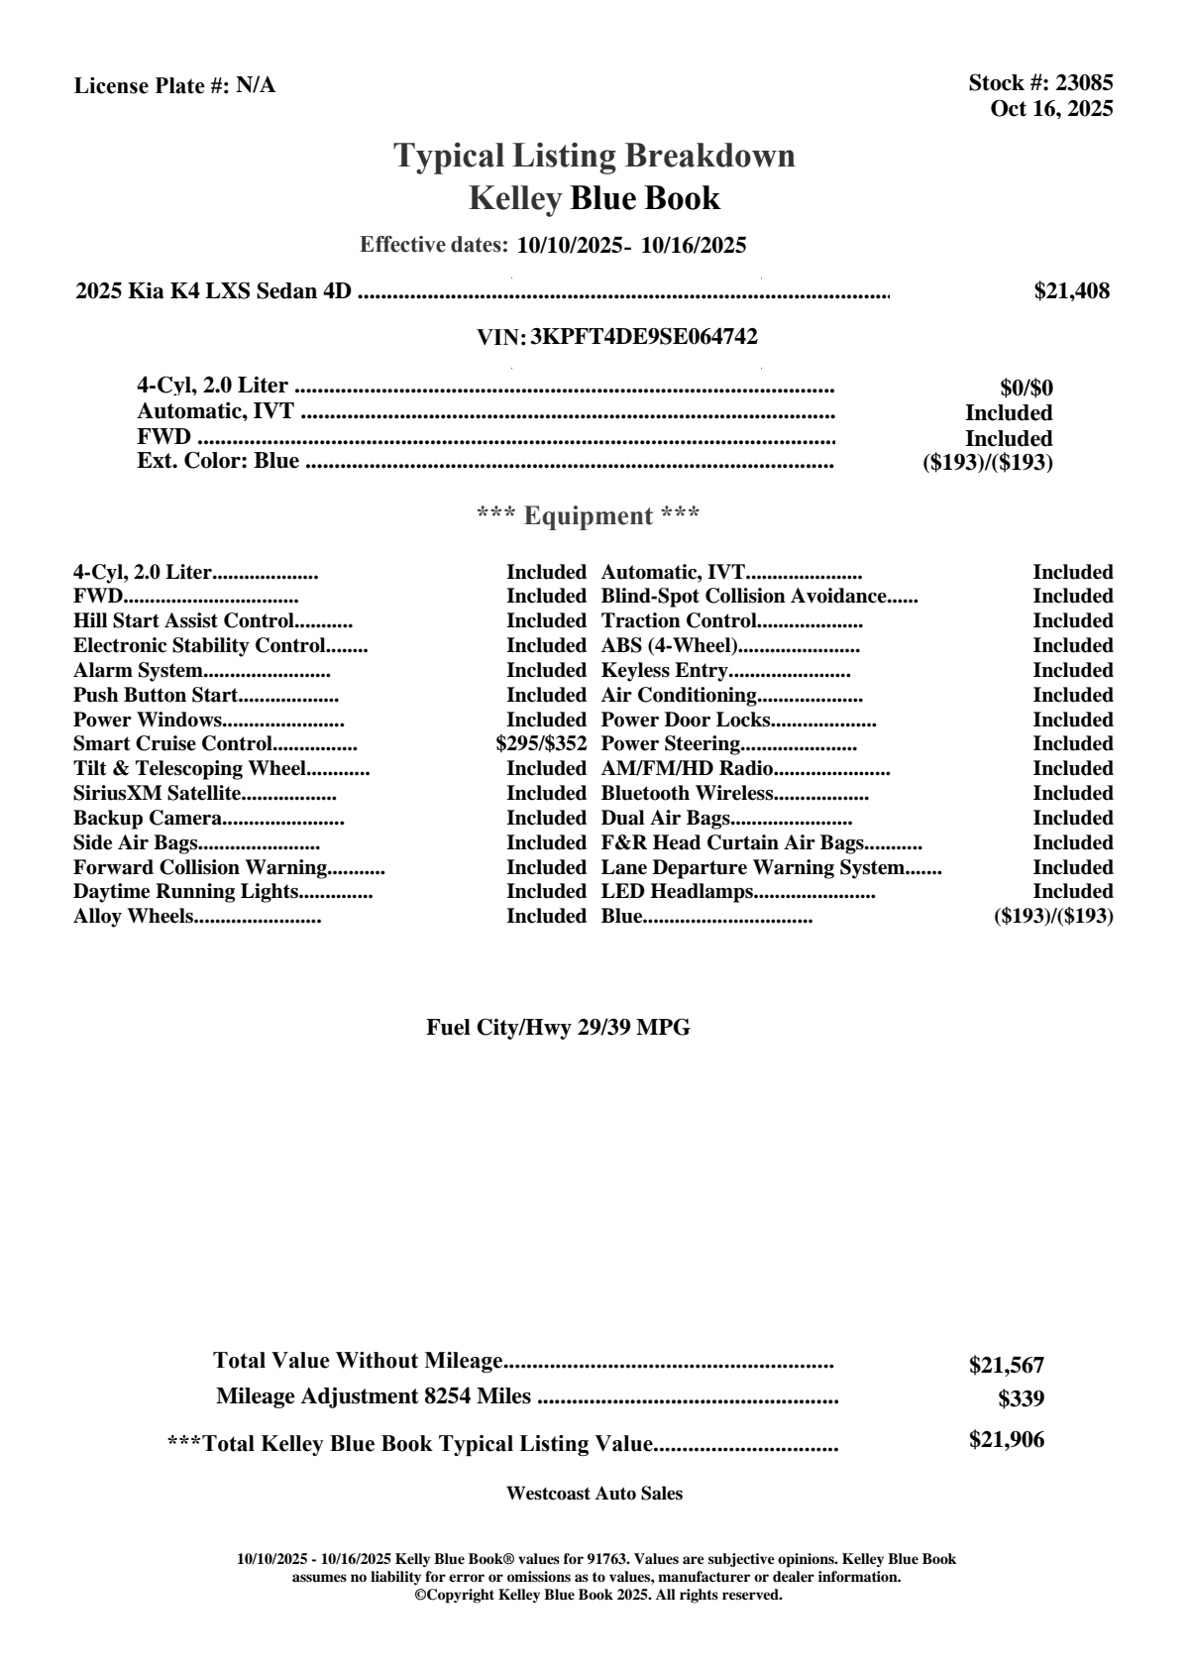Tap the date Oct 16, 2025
click(1051, 109)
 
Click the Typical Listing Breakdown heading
click(595, 156)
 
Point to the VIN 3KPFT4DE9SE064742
click(644, 337)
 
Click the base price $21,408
click(1071, 291)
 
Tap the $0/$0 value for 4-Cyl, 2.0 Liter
click(1026, 389)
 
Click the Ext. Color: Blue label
click(218, 461)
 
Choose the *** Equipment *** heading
click(589, 516)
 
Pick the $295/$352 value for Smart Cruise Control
click(541, 744)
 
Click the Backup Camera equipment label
click(147, 819)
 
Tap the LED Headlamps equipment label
click(678, 892)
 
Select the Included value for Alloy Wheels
click(546, 917)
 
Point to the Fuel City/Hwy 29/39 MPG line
click(558, 1028)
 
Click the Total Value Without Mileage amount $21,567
click(1006, 1366)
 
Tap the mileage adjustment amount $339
click(1021, 1399)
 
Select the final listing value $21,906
click(1006, 1440)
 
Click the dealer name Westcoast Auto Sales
click(594, 1494)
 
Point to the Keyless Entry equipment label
click(664, 671)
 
